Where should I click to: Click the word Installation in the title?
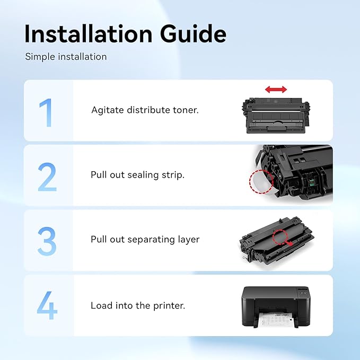pyautogui.click(x=88, y=34)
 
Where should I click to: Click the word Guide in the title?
pyautogui.click(x=194, y=34)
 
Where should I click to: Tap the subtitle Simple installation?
pyautogui.click(x=66, y=57)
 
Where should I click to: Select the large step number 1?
pyautogui.click(x=46, y=112)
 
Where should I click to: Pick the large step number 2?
pyautogui.click(x=47, y=177)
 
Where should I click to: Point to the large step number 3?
pyautogui.click(x=47, y=241)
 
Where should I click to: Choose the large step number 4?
pyautogui.click(x=47, y=305)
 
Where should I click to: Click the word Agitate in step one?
pyautogui.click(x=108, y=110)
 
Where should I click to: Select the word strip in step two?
pyautogui.click(x=173, y=175)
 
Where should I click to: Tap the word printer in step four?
pyautogui.click(x=169, y=306)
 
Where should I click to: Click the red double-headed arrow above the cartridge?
pyautogui.click(x=276, y=89)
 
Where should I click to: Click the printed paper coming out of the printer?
pyautogui.click(x=275, y=320)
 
